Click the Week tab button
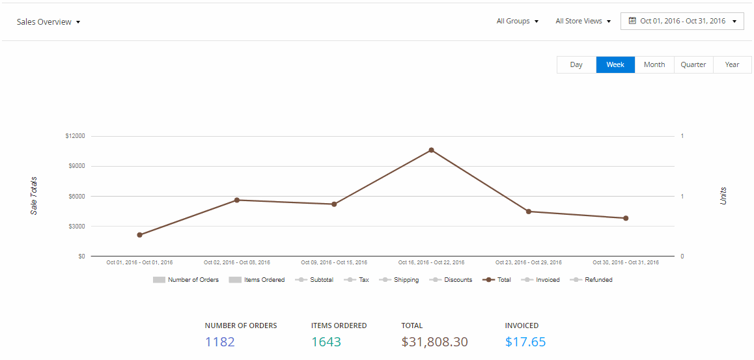pyautogui.click(x=615, y=65)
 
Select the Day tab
pyautogui.click(x=576, y=65)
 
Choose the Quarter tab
pyautogui.click(x=693, y=65)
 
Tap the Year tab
pyautogui.click(x=732, y=65)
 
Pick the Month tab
pyautogui.click(x=654, y=65)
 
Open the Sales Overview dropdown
pyautogui.click(x=49, y=22)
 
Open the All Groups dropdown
pyautogui.click(x=518, y=21)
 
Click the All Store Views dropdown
pyautogui.click(x=583, y=21)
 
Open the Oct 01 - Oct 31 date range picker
pyautogui.click(x=682, y=21)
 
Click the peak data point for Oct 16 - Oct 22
pyautogui.click(x=431, y=150)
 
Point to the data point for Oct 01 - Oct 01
pyautogui.click(x=139, y=235)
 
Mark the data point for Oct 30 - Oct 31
pyautogui.click(x=626, y=218)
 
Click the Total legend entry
pyautogui.click(x=497, y=280)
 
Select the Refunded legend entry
pyautogui.click(x=591, y=280)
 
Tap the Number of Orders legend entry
pyautogui.click(x=186, y=280)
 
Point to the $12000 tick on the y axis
pyautogui.click(x=75, y=136)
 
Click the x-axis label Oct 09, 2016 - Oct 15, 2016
pyautogui.click(x=334, y=263)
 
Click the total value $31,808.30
pyautogui.click(x=435, y=342)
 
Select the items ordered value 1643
pyautogui.click(x=326, y=342)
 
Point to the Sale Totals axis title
pyautogui.click(x=34, y=195)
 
